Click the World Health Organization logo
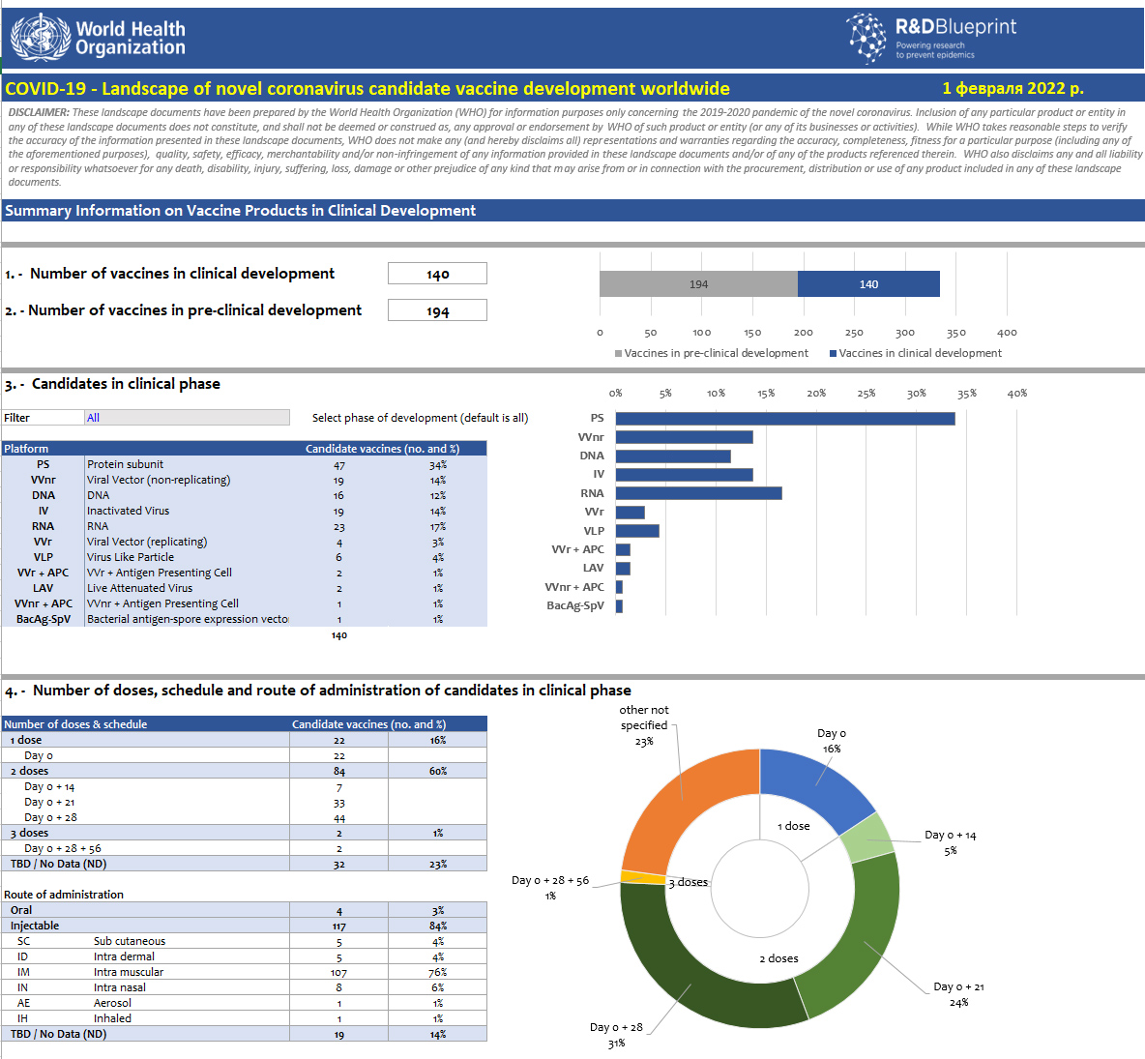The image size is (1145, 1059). (98, 38)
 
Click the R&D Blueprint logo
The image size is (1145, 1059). (931, 38)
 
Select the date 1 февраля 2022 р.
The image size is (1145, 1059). (1013, 88)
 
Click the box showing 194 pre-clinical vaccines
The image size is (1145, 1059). (437, 310)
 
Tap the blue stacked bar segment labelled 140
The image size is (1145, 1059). (868, 284)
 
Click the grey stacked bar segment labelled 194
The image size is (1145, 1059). (698, 284)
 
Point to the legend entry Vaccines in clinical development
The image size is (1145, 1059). (919, 353)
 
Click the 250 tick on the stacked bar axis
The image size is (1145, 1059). (854, 333)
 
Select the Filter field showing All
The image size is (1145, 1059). (187, 418)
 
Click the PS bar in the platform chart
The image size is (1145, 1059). (784, 419)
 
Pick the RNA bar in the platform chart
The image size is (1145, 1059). (698, 493)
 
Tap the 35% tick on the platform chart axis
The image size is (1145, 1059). (967, 394)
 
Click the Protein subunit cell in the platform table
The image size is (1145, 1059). (126, 464)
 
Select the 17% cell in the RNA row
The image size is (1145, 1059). (438, 527)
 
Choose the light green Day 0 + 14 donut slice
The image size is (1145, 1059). (867, 837)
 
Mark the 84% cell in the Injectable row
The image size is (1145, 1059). (438, 927)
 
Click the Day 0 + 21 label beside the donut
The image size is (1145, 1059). (958, 986)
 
